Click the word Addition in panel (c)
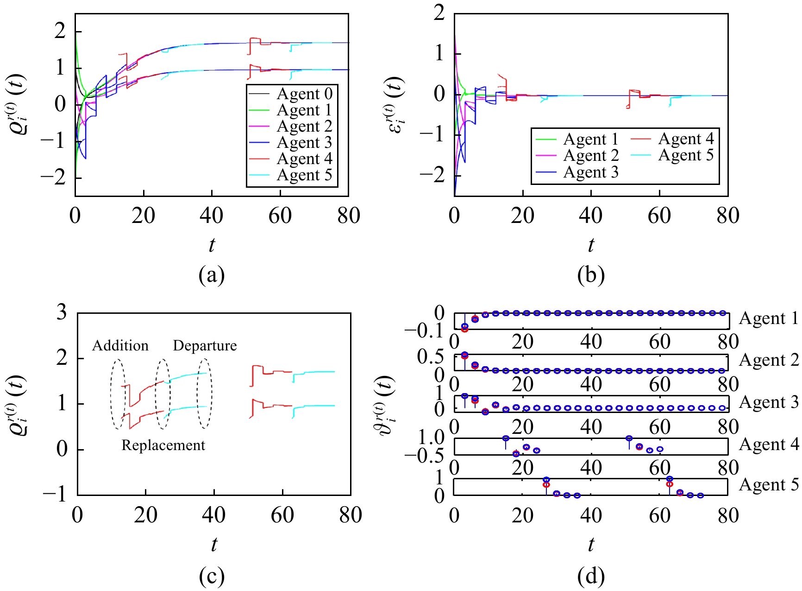[120, 346]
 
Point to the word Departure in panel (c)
[205, 346]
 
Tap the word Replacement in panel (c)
[163, 445]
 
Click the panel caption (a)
[212, 275]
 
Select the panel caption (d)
[591, 576]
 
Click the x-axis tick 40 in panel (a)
[212, 216]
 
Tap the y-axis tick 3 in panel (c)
[62, 313]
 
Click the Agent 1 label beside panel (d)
[769, 318]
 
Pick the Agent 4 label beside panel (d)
[769, 445]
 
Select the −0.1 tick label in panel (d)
[424, 330]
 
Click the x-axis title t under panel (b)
[591, 245]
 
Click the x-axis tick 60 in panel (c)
[282, 515]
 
